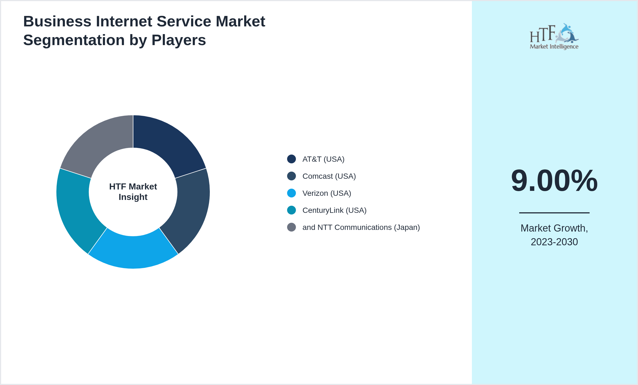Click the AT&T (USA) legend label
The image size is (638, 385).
(x=323, y=159)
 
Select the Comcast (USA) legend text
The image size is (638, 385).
(x=329, y=176)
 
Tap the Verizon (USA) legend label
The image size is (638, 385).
(x=326, y=193)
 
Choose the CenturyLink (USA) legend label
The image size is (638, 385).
(x=334, y=210)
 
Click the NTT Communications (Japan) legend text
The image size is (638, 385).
(x=361, y=227)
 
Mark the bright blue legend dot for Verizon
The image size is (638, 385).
(x=291, y=193)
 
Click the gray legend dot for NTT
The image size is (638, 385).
(x=291, y=227)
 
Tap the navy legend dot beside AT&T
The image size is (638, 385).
(x=291, y=159)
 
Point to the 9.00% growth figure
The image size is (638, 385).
(x=554, y=181)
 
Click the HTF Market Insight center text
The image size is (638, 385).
(x=133, y=192)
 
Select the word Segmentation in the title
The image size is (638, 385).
(x=74, y=40)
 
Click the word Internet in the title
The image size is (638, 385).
(x=124, y=21)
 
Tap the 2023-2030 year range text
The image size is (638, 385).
(x=554, y=242)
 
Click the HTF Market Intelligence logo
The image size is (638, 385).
(x=554, y=37)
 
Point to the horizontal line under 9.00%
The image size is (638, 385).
(x=554, y=213)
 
